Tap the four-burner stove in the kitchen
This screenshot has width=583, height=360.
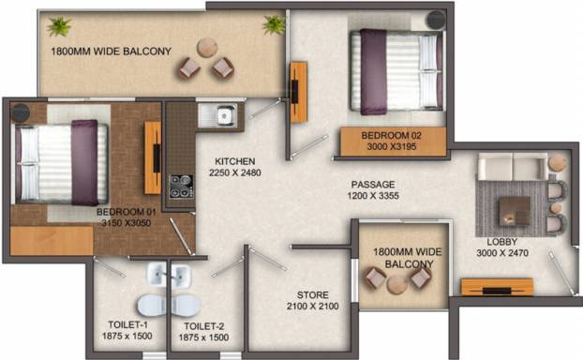coord(182,187)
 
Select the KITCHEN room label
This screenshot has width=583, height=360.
coord(235,161)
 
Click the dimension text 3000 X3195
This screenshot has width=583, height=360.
coord(392,146)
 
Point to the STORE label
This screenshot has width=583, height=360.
coord(313,295)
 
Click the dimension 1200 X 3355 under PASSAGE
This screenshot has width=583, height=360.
coord(373,196)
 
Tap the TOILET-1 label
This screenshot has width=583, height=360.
coord(127,324)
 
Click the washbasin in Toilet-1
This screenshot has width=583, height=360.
coord(157,275)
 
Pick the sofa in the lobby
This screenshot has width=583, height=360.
coord(513,166)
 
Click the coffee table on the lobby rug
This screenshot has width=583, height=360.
coord(515,211)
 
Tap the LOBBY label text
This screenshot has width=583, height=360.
coord(502,242)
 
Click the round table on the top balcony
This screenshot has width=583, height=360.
coord(207,48)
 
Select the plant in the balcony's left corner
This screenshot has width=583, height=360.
coord(59,26)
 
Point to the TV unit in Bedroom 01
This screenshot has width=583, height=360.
coord(153,157)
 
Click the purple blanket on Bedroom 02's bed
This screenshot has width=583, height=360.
coord(373,72)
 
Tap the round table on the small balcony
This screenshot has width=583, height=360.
coord(397,285)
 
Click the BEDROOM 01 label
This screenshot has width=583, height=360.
coord(126,212)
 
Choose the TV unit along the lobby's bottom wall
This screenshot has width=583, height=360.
coord(497,287)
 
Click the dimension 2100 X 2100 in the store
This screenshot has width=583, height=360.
coord(313,306)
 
